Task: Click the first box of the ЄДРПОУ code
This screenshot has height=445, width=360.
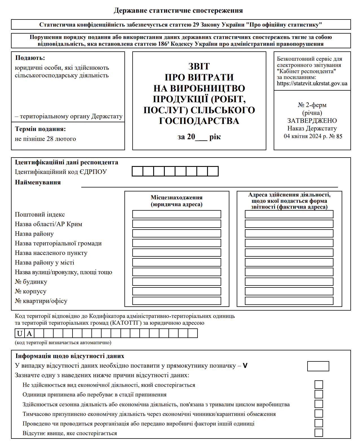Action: point(137,171)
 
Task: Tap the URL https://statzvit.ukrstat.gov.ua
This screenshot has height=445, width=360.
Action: point(312,84)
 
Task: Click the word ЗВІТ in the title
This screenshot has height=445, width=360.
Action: point(199,67)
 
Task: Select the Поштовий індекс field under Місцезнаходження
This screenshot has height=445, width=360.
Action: point(177,214)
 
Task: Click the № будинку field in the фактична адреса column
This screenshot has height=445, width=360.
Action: point(289,282)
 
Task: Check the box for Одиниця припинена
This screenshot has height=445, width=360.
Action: point(319,394)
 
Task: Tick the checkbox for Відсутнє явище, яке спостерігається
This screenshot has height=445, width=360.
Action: point(319,433)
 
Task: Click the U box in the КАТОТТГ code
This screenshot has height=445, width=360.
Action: point(20,333)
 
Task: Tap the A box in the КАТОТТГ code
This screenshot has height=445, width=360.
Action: point(29,333)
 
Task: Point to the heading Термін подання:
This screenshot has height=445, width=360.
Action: point(40,129)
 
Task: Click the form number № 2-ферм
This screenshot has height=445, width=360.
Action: point(312,105)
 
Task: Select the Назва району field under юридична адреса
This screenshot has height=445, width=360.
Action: point(177,234)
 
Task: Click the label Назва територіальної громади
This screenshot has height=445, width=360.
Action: point(58,243)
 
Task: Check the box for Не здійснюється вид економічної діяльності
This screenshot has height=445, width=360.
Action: point(319,385)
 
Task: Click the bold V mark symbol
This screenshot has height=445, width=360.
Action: point(245,366)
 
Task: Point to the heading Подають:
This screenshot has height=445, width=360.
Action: point(30,58)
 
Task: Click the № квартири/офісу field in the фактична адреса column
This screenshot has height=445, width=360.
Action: point(289,301)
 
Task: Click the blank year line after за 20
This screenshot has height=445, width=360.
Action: point(201,138)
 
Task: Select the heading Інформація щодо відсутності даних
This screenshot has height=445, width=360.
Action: point(70,356)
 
